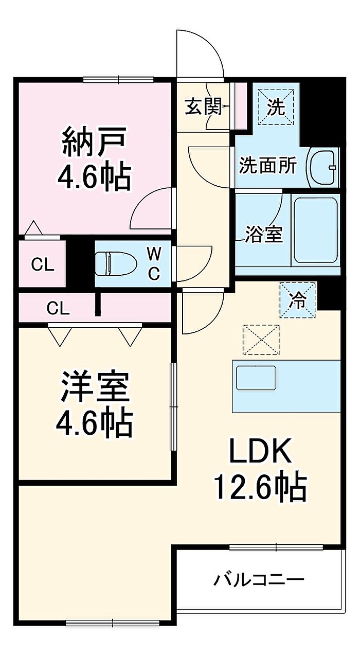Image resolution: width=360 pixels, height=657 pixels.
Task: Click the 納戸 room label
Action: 95,141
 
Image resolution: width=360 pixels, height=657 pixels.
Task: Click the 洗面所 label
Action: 268,166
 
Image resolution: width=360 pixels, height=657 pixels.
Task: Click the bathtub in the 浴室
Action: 315,230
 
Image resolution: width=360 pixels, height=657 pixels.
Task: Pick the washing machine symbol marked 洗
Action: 276,108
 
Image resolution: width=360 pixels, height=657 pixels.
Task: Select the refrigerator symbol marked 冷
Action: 298,300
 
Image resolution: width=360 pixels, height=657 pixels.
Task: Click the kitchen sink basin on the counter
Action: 256,382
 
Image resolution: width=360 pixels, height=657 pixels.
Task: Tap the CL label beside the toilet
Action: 43,265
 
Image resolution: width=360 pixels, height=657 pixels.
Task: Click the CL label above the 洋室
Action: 58,308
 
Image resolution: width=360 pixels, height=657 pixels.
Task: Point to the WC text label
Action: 154,263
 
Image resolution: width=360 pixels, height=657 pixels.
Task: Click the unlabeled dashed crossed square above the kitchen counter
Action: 261,340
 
